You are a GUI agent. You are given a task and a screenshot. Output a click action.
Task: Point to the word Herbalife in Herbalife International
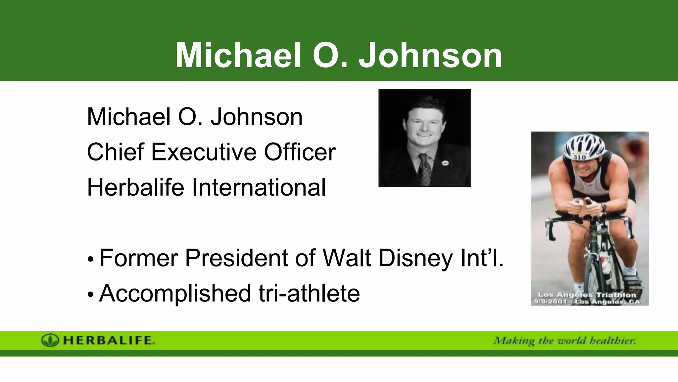[x=135, y=187]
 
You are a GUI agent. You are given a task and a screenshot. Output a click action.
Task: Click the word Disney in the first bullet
[x=415, y=258]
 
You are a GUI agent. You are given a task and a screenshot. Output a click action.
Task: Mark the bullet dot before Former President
[x=91, y=259]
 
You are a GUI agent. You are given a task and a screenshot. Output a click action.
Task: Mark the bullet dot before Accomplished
[x=91, y=294]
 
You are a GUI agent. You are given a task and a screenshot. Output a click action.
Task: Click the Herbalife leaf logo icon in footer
[x=50, y=340]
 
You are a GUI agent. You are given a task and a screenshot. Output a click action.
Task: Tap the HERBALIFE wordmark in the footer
[x=108, y=340]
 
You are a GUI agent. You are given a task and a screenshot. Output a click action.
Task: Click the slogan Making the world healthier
[x=564, y=341]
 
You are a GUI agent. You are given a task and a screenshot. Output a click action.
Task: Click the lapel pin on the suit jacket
[x=445, y=162]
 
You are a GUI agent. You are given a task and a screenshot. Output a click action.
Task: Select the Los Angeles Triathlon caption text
[x=587, y=298]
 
